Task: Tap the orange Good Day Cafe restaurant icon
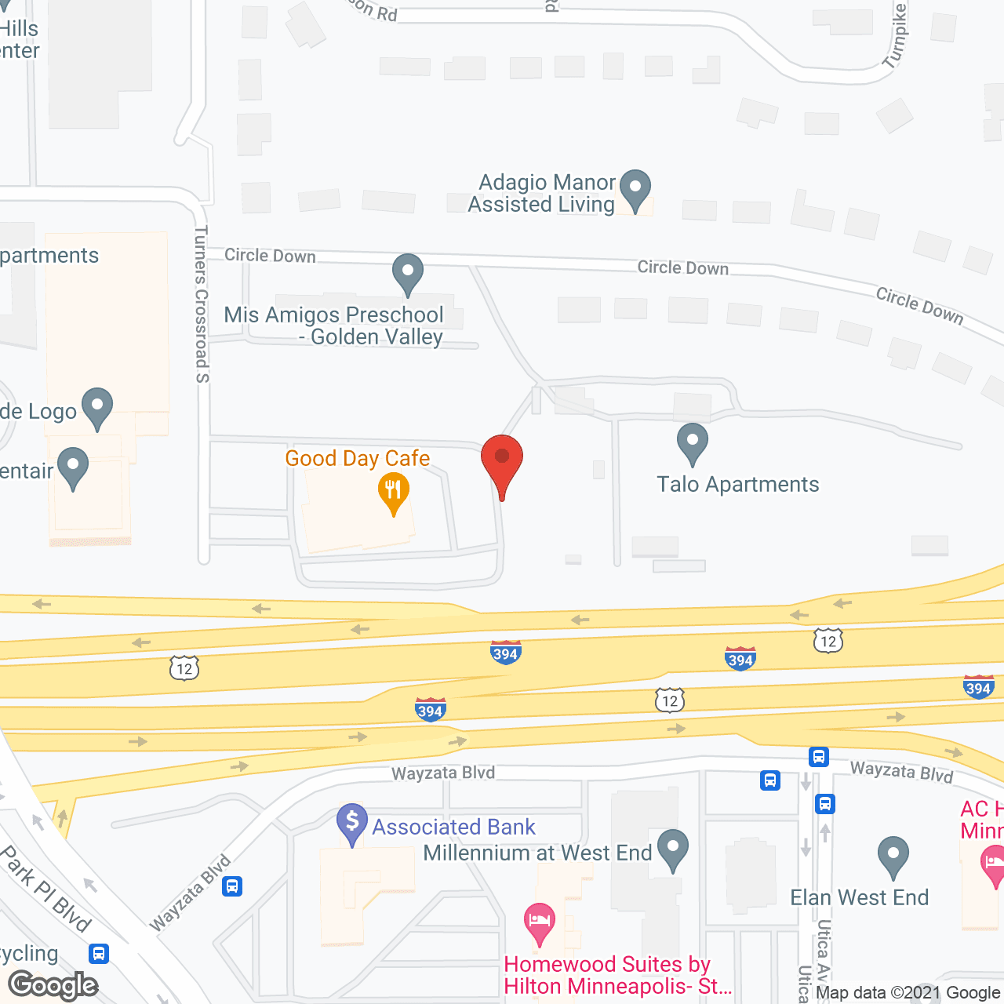pos(393,493)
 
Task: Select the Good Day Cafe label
pos(358,458)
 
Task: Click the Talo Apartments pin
pos(692,442)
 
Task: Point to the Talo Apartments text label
pos(737,485)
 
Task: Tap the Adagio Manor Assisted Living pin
pos(635,189)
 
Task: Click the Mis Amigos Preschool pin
pos(407,273)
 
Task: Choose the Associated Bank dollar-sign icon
pos(352,823)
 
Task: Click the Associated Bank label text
pos(453,827)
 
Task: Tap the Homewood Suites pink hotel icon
pos(540,922)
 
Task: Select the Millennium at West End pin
pos(672,849)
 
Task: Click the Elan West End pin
pos(893,856)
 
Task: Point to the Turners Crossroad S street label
pos(202,304)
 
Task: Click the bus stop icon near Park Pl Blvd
pos(99,954)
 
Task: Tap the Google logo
pos(53,985)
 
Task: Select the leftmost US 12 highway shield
pos(184,668)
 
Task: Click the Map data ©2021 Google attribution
pos(908,993)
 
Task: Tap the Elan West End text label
pos(859,897)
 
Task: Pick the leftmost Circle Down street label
pos(270,256)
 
